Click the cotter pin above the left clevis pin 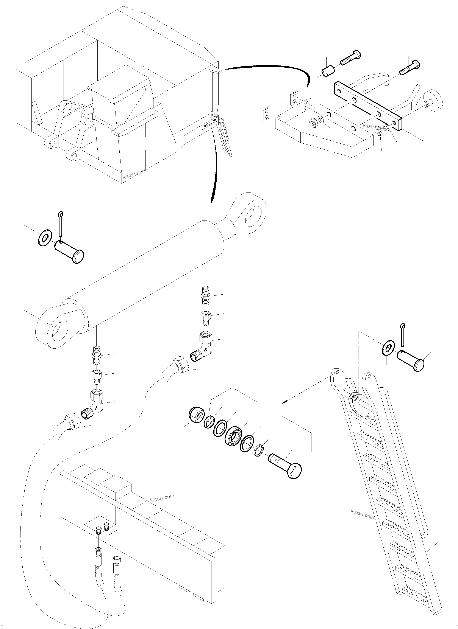point(61,222)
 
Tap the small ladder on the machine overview point(225,136)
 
